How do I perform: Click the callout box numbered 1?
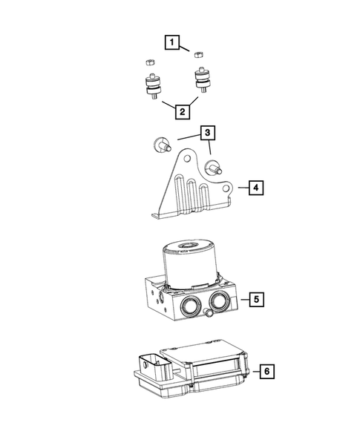click(x=172, y=43)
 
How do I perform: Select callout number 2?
click(x=181, y=112)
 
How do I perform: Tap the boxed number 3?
click(x=209, y=134)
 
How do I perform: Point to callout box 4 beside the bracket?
click(x=255, y=188)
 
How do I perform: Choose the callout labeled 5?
click(x=255, y=300)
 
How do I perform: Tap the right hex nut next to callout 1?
click(x=198, y=53)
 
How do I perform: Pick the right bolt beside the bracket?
click(x=213, y=168)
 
